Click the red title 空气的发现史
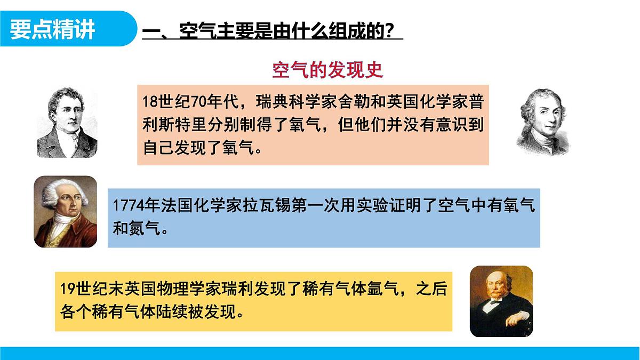tap(327, 70)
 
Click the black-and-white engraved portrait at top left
tap(67, 123)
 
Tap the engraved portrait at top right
tap(543, 122)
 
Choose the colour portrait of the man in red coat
tap(65, 212)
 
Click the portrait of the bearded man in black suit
tap(501, 301)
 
